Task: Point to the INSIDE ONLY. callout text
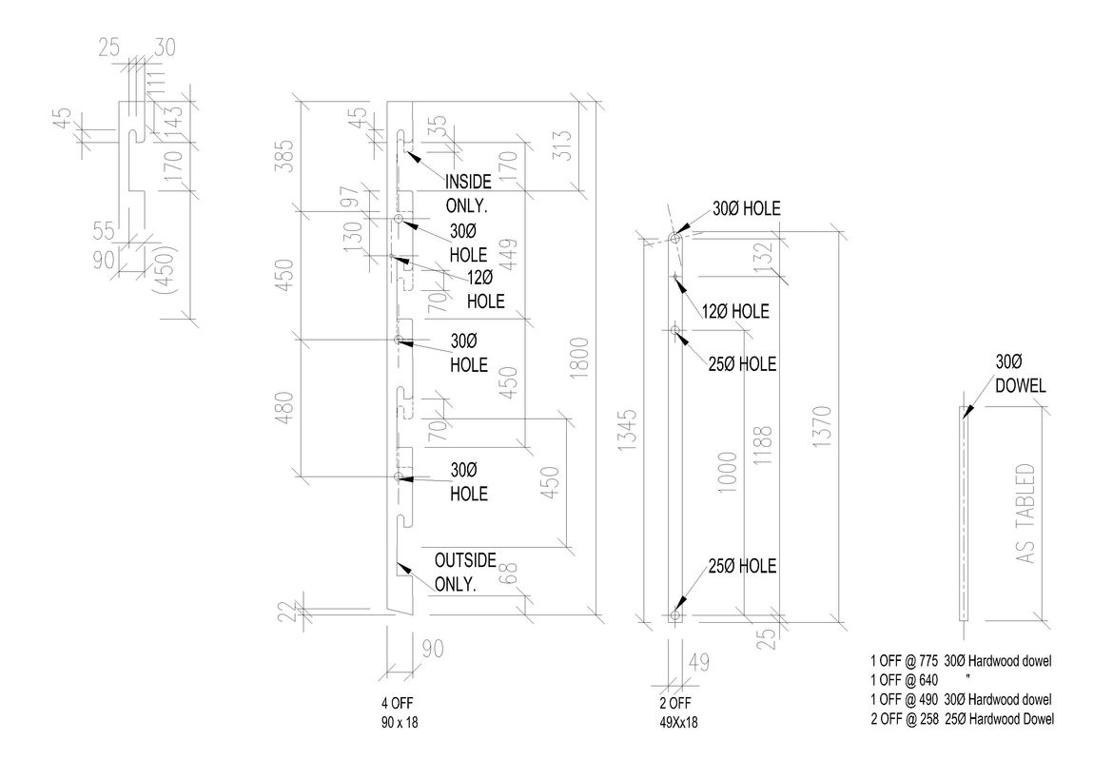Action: (x=468, y=192)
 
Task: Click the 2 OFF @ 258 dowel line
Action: (x=962, y=719)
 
